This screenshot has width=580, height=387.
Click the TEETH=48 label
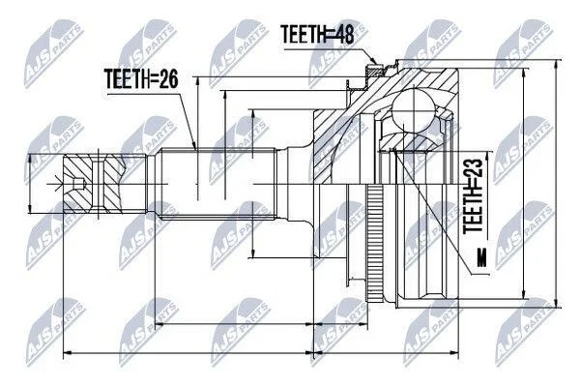(317, 35)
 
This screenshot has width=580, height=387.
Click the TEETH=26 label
(142, 79)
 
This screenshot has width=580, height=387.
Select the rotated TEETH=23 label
(474, 195)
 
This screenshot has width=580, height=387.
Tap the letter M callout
(481, 257)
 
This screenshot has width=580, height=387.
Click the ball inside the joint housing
(413, 109)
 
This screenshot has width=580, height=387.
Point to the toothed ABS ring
(374, 244)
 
